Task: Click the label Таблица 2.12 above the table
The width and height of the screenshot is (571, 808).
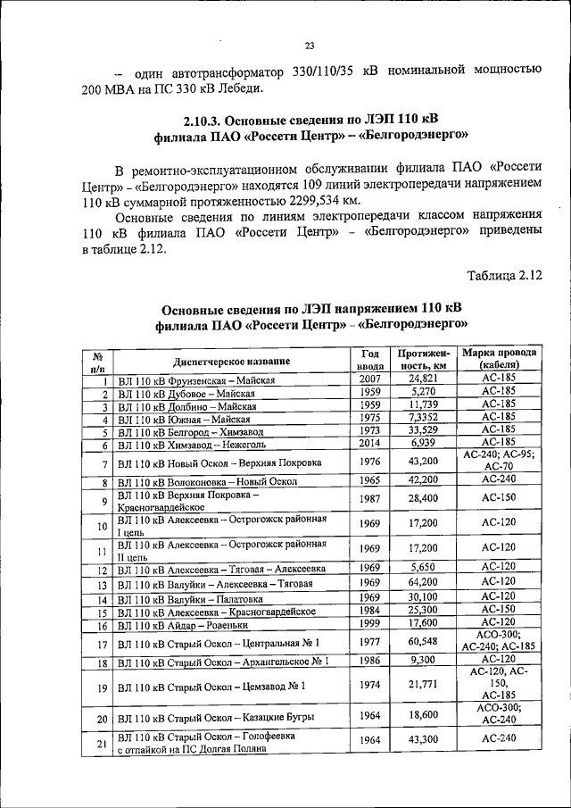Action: point(506,276)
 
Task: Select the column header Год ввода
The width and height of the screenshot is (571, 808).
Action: point(371,360)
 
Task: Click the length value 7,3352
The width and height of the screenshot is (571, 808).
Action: point(423,418)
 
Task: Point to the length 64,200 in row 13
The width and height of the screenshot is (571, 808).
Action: point(423,582)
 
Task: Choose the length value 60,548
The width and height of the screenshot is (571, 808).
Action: point(423,641)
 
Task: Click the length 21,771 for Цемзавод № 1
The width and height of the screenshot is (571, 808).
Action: point(423,685)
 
